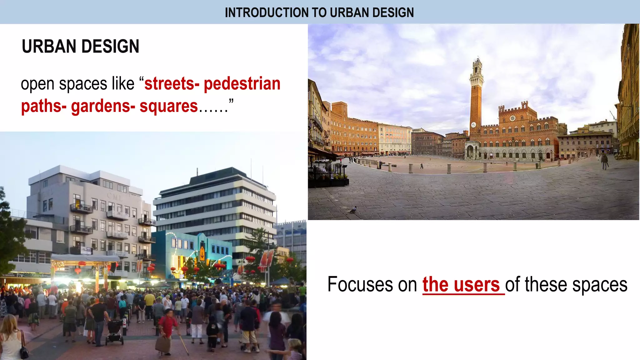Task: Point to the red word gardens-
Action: tap(103, 106)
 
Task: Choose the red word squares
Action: tap(168, 106)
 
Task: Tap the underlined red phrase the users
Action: tap(461, 285)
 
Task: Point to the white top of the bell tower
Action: tap(477, 67)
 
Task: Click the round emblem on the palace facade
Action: tap(512, 118)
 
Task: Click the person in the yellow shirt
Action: tap(150, 300)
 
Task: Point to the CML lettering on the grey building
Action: tap(114, 197)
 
